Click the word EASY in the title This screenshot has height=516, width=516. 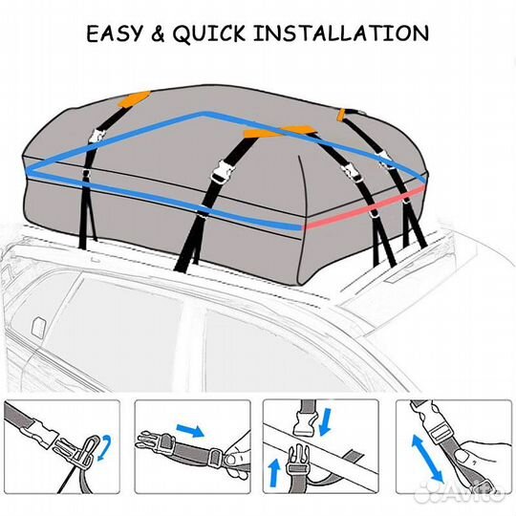pyautogui.click(x=115, y=33)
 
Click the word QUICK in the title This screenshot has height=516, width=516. pyautogui.click(x=209, y=33)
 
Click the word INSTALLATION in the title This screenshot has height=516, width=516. pyautogui.click(x=341, y=33)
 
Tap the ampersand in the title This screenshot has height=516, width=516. pyautogui.click(x=158, y=33)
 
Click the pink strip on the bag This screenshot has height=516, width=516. pyautogui.click(x=363, y=208)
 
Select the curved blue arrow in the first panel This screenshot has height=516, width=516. pyautogui.click(x=106, y=448)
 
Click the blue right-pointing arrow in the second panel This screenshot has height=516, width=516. pyautogui.click(x=190, y=430)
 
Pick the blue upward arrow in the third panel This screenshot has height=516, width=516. pyautogui.click(x=274, y=473)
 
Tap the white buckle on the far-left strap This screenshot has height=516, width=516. pyautogui.click(x=97, y=136)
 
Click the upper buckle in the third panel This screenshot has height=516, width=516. pyautogui.click(x=305, y=424)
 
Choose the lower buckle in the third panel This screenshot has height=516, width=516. pyautogui.click(x=297, y=461)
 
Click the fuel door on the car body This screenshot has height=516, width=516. pyautogui.click(x=38, y=327)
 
